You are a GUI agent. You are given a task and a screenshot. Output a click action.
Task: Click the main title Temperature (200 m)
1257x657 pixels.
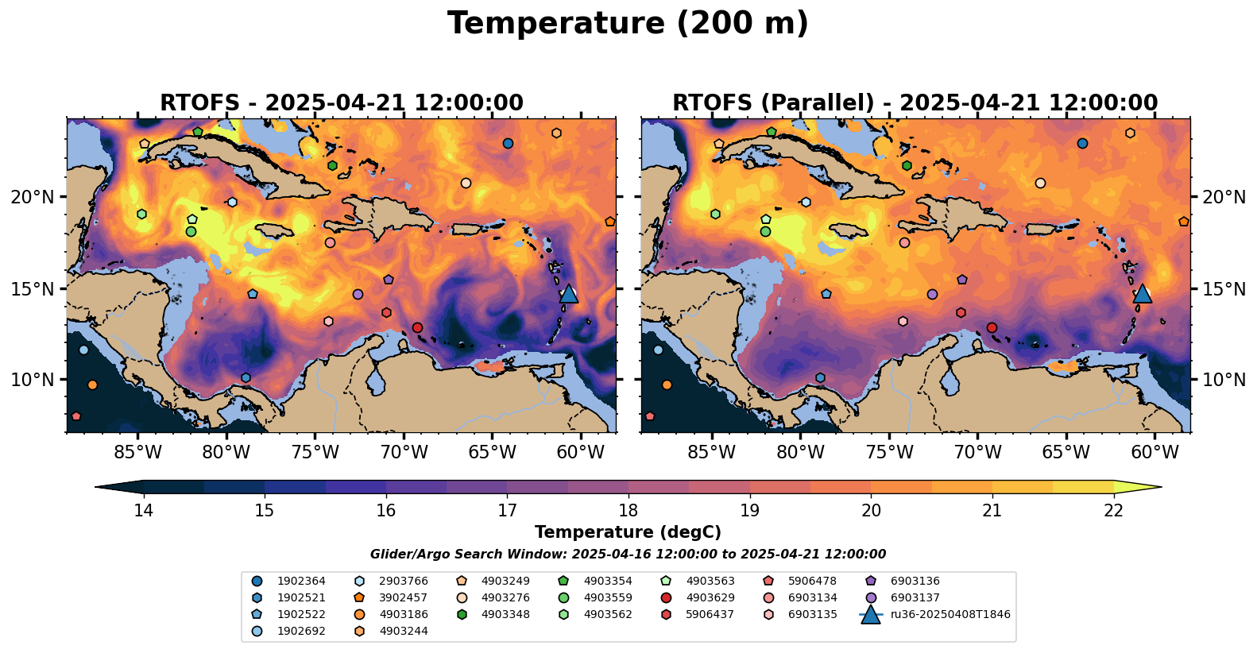pyautogui.click(x=628, y=24)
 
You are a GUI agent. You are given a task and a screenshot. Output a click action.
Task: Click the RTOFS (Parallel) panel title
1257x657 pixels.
pyautogui.click(x=915, y=103)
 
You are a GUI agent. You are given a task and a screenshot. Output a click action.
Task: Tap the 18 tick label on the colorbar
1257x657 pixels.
pyautogui.click(x=628, y=510)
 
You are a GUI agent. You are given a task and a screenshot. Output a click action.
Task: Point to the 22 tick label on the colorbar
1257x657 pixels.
pyautogui.click(x=1113, y=510)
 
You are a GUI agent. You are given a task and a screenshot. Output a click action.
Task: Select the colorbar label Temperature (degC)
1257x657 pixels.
pyautogui.click(x=628, y=532)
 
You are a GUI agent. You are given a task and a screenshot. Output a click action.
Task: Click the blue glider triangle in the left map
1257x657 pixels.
pyautogui.click(x=568, y=293)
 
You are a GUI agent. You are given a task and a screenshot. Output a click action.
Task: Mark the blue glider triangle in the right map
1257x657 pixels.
pyautogui.click(x=1142, y=293)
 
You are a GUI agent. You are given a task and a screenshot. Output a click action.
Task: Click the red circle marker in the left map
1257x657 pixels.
pyautogui.click(x=417, y=327)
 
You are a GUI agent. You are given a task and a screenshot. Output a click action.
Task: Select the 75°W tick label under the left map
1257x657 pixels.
pyautogui.click(x=315, y=453)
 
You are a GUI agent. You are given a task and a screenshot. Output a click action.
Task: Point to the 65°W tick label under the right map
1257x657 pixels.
pyautogui.click(x=1066, y=453)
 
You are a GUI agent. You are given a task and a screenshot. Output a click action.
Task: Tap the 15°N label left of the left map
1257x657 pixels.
pyautogui.click(x=33, y=288)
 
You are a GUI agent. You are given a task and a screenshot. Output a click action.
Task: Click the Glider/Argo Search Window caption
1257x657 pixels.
pyautogui.click(x=628, y=555)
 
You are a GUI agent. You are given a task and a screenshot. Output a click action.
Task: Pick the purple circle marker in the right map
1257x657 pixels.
pyautogui.click(x=932, y=294)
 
